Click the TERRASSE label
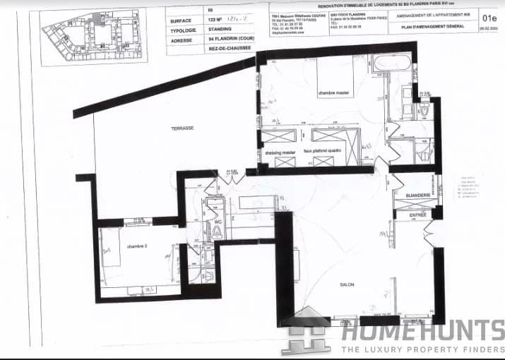point(182,128)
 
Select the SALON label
point(346,284)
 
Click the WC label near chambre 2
point(218,222)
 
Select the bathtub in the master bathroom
point(393,62)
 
